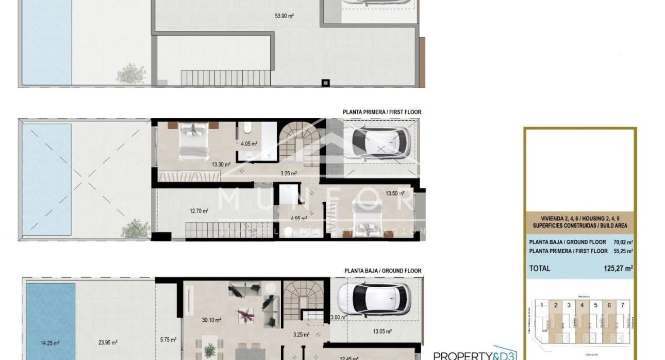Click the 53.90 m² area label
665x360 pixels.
pos(284,16)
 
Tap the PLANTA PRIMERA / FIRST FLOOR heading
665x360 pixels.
pos(381,112)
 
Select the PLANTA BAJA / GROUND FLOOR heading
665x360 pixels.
pos(383,271)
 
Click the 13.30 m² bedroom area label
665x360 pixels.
pos(221,165)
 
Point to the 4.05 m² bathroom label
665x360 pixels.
pos(249,144)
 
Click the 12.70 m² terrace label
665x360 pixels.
pos(198,210)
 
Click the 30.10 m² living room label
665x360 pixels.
pos(211,320)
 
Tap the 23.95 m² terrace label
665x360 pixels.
pos(107,342)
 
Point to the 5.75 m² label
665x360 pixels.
pos(169,339)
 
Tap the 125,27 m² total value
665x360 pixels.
pos(618,268)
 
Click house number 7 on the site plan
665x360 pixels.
pos(622,305)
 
